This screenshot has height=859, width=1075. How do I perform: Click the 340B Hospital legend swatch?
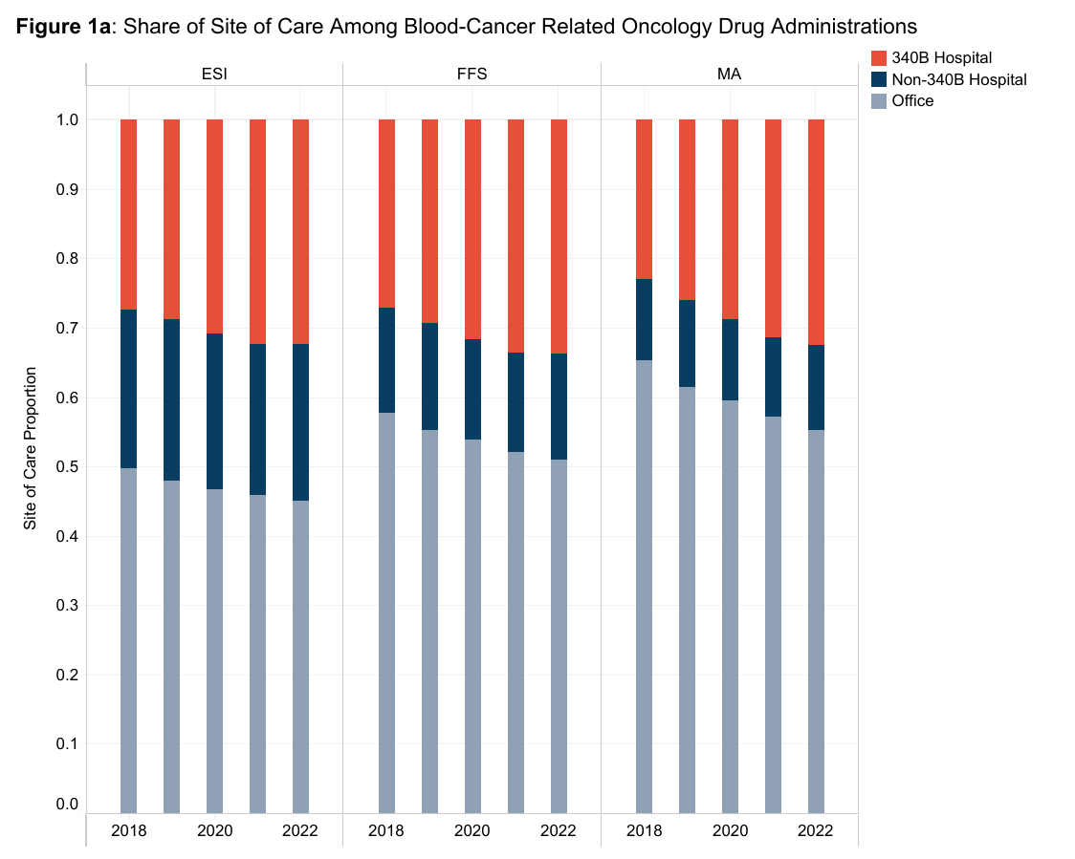pyautogui.click(x=879, y=58)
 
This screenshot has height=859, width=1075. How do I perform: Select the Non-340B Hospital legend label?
pyautogui.click(x=958, y=79)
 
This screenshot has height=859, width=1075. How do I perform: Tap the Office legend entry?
pyautogui.click(x=912, y=100)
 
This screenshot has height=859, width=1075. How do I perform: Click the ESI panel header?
pyautogui.click(x=214, y=74)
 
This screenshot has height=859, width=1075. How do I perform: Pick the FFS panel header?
pyautogui.click(x=472, y=74)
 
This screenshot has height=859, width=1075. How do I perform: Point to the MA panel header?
pyautogui.click(x=729, y=74)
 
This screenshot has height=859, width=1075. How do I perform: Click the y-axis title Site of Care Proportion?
pyautogui.click(x=31, y=448)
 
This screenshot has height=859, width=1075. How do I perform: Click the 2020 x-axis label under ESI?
pyautogui.click(x=214, y=830)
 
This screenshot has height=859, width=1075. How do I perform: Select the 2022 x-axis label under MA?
pyautogui.click(x=816, y=830)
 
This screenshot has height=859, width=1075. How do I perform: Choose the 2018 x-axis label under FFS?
pyautogui.click(x=386, y=830)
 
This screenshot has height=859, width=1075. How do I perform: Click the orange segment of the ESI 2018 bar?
pyautogui.click(x=128, y=214)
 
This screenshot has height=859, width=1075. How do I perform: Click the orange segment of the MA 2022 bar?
pyautogui.click(x=816, y=231)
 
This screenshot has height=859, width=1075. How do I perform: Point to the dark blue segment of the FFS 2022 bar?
pyautogui.click(x=559, y=406)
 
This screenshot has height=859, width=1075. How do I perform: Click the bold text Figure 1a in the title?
pyautogui.click(x=63, y=26)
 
